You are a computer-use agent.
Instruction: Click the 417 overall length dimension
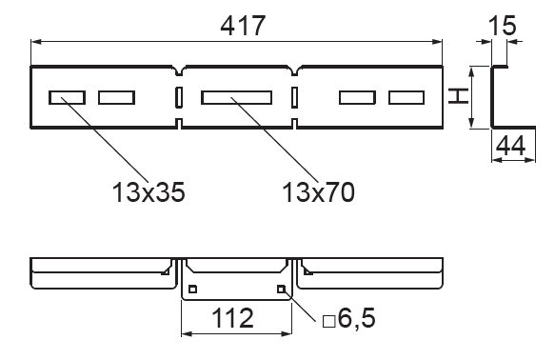coord(243,26)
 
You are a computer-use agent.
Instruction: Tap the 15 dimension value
coord(502,26)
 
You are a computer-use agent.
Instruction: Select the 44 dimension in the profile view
coord(511,146)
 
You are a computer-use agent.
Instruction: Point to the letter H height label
coord(458,96)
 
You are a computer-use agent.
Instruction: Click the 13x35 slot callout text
coord(149,192)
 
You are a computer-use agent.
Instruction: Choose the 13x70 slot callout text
coord(318,192)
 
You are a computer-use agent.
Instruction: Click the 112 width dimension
coord(232,318)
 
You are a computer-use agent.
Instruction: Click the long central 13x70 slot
coord(237,98)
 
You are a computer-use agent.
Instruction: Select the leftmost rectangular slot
coord(67,98)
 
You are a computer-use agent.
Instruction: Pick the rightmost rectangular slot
coord(406,98)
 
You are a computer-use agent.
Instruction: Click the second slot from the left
coord(116,98)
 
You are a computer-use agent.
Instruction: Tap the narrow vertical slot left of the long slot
coord(179,97)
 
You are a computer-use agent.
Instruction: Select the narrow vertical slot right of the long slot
coord(294,97)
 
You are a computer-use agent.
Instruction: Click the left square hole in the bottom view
coord(192,290)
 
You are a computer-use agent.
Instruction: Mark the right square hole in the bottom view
coord(281,290)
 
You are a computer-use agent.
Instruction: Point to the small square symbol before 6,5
coord(328,321)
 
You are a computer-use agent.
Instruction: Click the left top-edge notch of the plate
coord(179,70)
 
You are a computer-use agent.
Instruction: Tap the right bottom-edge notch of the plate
coord(294,123)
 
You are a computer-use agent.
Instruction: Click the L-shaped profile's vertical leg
coord(492,96)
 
